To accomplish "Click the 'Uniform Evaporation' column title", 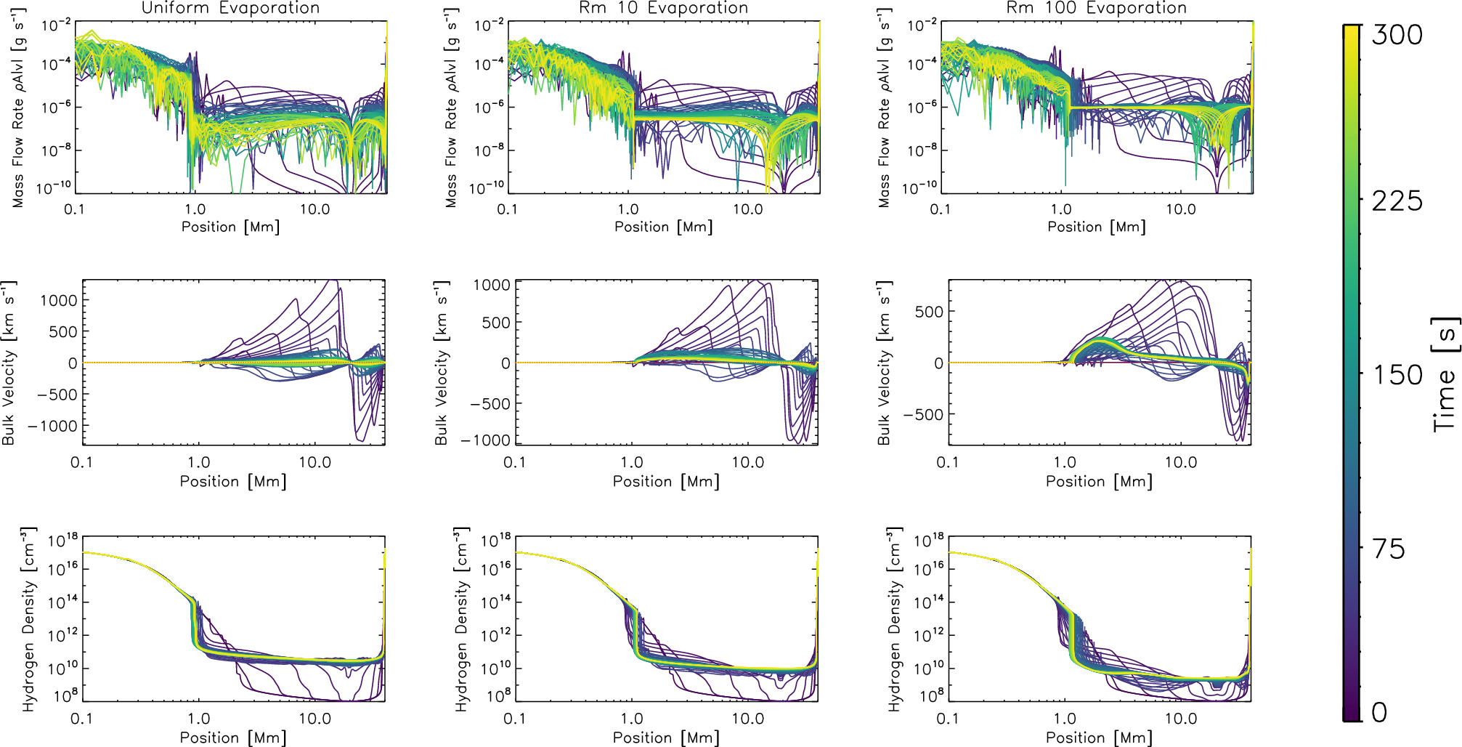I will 230,8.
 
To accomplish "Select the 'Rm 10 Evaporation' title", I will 663,8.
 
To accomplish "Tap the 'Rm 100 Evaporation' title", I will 1096,8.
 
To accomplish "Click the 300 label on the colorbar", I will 1396,35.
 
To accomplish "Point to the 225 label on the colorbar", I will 1396,201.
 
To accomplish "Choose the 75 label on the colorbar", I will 1388,549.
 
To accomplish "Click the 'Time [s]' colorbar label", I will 1445,375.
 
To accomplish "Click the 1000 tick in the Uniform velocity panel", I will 58,300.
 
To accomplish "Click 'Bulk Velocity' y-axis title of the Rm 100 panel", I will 883,363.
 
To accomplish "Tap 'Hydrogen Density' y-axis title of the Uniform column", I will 28,619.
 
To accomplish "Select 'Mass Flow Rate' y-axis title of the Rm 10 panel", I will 451,109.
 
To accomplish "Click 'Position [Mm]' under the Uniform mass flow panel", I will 230,227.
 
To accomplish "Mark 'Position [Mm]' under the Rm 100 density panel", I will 1099,738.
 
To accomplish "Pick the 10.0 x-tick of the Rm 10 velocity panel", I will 747,462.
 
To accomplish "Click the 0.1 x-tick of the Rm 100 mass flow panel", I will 940,209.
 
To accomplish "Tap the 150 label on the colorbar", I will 1396,375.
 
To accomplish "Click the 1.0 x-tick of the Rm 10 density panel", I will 631,719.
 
